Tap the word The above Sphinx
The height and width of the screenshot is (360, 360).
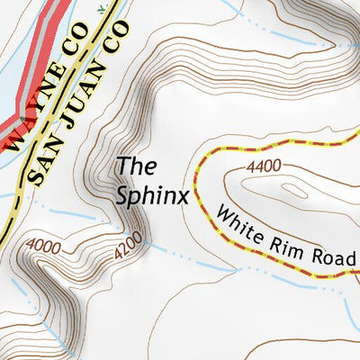[x=137, y=166]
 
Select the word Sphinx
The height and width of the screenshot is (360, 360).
[x=152, y=195]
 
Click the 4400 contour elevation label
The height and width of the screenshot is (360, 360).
[x=264, y=166]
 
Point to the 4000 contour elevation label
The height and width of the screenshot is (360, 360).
[x=43, y=244]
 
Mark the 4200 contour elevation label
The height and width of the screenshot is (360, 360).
[x=130, y=247]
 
